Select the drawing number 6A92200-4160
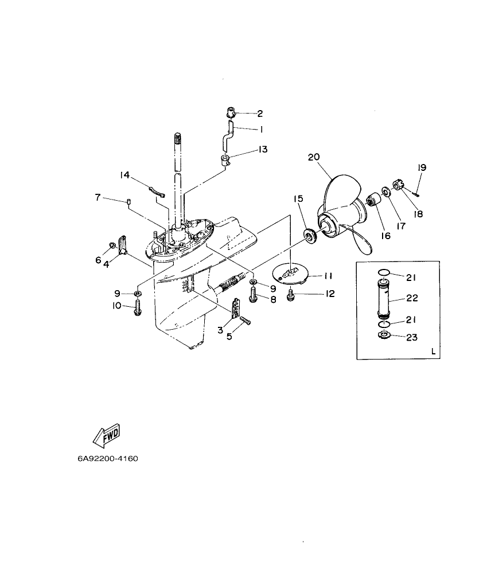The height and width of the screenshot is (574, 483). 108,459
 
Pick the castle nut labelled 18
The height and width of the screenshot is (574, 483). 398,186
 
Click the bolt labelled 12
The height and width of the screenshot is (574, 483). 290,296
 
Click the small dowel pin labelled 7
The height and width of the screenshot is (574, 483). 129,201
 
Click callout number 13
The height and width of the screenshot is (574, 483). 262,150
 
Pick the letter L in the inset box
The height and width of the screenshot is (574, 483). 433,352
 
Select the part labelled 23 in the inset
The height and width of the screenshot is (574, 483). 383,335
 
